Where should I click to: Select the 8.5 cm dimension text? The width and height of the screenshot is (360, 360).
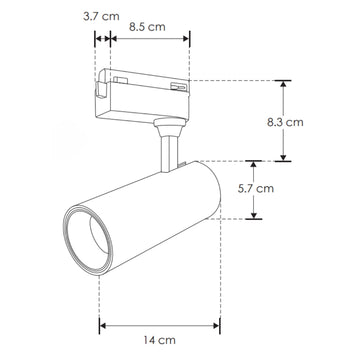[x=147, y=28]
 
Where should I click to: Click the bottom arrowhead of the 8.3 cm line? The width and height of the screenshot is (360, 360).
[x=284, y=156]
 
